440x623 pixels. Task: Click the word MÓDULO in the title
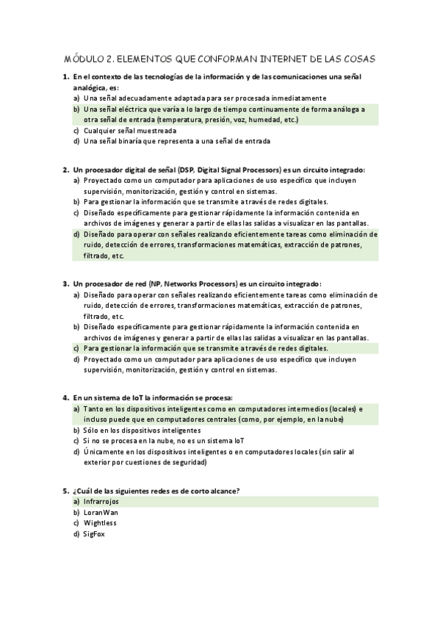tap(82, 58)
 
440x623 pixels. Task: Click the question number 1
tap(65, 76)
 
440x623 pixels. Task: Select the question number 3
tap(65, 284)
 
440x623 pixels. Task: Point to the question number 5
tap(65, 490)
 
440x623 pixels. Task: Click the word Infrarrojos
tap(101, 501)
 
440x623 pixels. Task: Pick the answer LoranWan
tap(101, 512)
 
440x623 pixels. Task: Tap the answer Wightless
tap(100, 523)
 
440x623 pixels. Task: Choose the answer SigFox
tap(95, 534)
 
